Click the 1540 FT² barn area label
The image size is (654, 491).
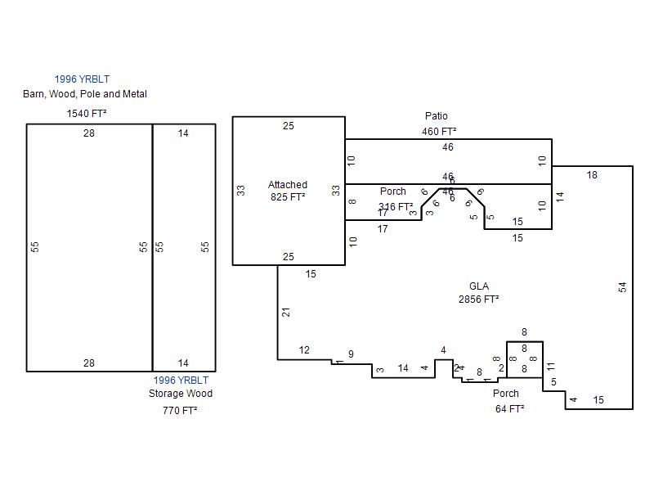click(87, 113)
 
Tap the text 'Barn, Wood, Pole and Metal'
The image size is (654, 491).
click(85, 94)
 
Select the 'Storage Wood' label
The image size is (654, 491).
click(180, 394)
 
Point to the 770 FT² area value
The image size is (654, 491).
click(180, 411)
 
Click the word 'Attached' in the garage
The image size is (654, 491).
click(288, 185)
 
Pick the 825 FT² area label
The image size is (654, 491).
click(288, 197)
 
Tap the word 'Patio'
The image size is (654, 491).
click(437, 116)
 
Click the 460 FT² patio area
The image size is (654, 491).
click(439, 131)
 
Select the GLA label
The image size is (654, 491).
click(479, 286)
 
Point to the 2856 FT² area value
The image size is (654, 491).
click(479, 300)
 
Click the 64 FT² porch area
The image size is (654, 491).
click(509, 408)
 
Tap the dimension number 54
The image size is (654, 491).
click(623, 287)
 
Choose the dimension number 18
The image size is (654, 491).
click(592, 175)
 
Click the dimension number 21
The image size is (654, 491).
click(286, 313)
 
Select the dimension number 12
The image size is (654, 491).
click(304, 351)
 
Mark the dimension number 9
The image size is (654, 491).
click(351, 354)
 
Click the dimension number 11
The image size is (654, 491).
click(551, 367)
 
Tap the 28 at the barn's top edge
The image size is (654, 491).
click(89, 133)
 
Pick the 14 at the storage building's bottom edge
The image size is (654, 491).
click(183, 363)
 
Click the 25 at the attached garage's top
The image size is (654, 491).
click(289, 126)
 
